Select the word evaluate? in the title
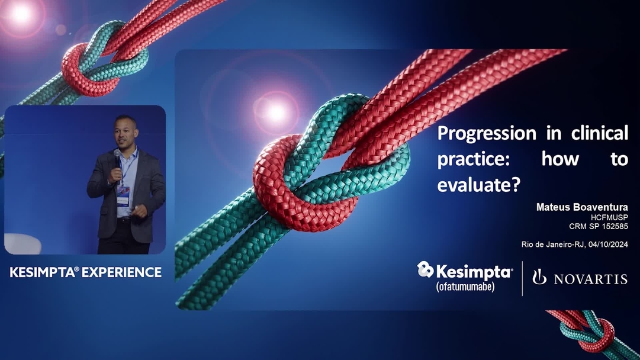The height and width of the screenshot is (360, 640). pos(479,185)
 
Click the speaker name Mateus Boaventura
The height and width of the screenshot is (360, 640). pos(581,207)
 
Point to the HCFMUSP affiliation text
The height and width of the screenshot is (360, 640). pos(609,217)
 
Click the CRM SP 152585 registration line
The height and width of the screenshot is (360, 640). pos(599,226)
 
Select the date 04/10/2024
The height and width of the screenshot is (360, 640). pos(608,245)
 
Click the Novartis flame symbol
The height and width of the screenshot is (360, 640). pos(539,277)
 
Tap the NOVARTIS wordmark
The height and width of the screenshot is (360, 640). pos(591,279)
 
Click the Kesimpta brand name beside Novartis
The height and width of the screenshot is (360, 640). pos(474,271)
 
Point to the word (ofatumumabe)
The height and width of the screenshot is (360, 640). pos(465,287)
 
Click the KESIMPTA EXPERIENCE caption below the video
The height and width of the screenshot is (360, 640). pos(86,272)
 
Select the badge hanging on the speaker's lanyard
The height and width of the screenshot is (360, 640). pos(123,195)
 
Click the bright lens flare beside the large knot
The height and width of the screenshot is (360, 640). pos(276,111)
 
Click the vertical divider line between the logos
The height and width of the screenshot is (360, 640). pos(522,278)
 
